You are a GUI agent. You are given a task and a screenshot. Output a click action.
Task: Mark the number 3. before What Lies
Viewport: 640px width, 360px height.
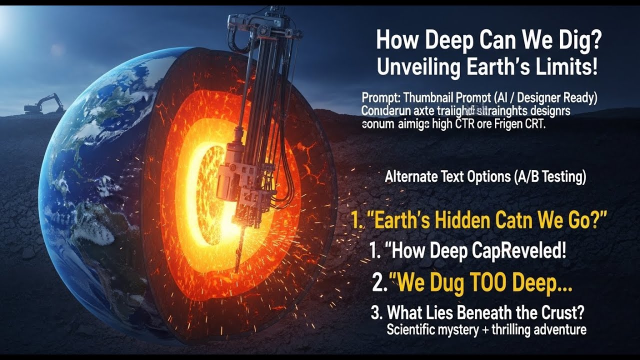click(x=376, y=313)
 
